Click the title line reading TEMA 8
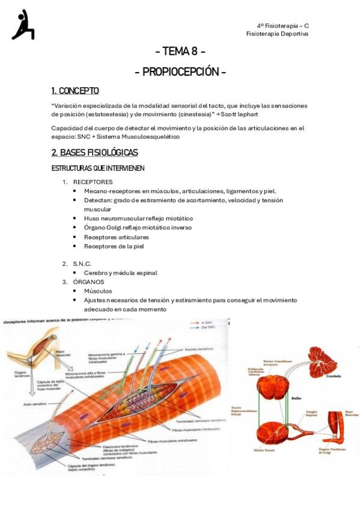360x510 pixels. [180, 51]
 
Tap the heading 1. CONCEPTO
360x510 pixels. [75, 91]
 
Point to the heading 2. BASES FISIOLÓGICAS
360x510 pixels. [95, 152]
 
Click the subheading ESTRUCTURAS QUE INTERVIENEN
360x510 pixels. [98, 168]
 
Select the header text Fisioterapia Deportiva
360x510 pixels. [277, 34]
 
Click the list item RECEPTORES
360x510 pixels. [93, 182]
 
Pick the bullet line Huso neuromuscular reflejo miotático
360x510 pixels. [138, 218]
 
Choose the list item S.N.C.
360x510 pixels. [82, 263]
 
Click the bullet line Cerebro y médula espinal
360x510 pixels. [120, 272]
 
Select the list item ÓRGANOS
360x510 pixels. [88, 281]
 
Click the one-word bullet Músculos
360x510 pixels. [98, 290]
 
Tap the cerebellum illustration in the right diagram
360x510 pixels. [325, 363]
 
